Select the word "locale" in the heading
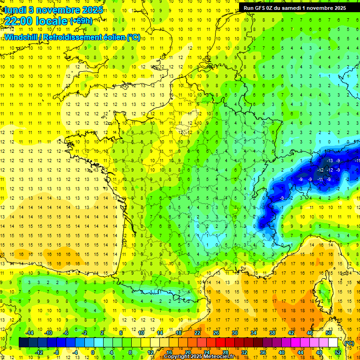click(x=52, y=21)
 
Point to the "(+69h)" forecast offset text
click(x=81, y=21)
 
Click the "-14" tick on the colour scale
click(x=30, y=332)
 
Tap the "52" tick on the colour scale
click(x=337, y=352)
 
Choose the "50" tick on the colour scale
click(x=329, y=332)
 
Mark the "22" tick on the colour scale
click(x=197, y=332)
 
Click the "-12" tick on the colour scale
click(x=39, y=352)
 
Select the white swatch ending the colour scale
click(x=333, y=343)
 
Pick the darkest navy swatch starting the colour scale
click(x=23, y=343)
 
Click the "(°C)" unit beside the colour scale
click(x=349, y=343)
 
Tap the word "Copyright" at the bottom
click(x=177, y=357)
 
